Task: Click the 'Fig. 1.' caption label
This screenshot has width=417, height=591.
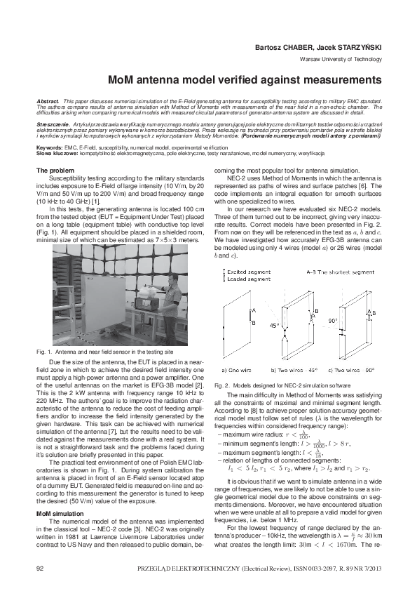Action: coord(43,350)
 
